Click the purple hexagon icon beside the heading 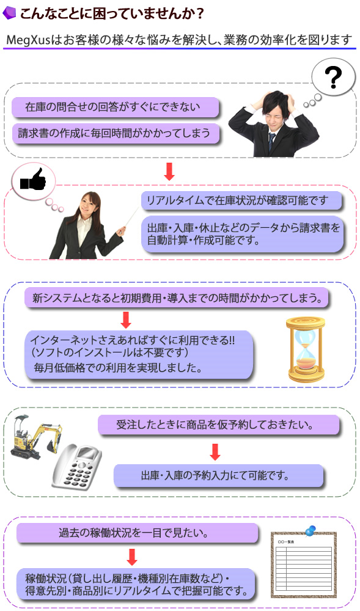9,12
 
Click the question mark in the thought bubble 333,77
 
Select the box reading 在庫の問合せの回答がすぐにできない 115,107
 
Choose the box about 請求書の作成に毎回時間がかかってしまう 116,133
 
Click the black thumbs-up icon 33,180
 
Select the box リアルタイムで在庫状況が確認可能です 241,201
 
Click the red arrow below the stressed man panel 169,172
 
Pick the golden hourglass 306,349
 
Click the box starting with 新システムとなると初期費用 177,299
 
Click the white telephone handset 77,466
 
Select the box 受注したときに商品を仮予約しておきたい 218,425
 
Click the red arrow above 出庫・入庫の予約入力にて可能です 215,452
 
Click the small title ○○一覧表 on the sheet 285,542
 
